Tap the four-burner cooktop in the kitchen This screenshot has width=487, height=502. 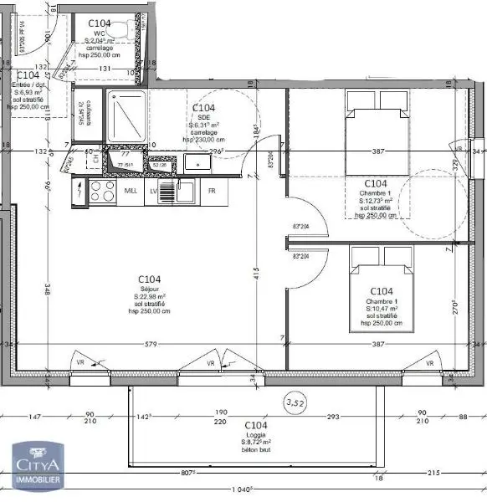point(102,192)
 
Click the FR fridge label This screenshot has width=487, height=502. point(212,191)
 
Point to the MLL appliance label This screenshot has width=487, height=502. point(131,191)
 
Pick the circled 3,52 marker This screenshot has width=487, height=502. point(294,402)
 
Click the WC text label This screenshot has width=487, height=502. point(99,33)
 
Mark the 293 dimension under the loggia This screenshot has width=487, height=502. point(333,415)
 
